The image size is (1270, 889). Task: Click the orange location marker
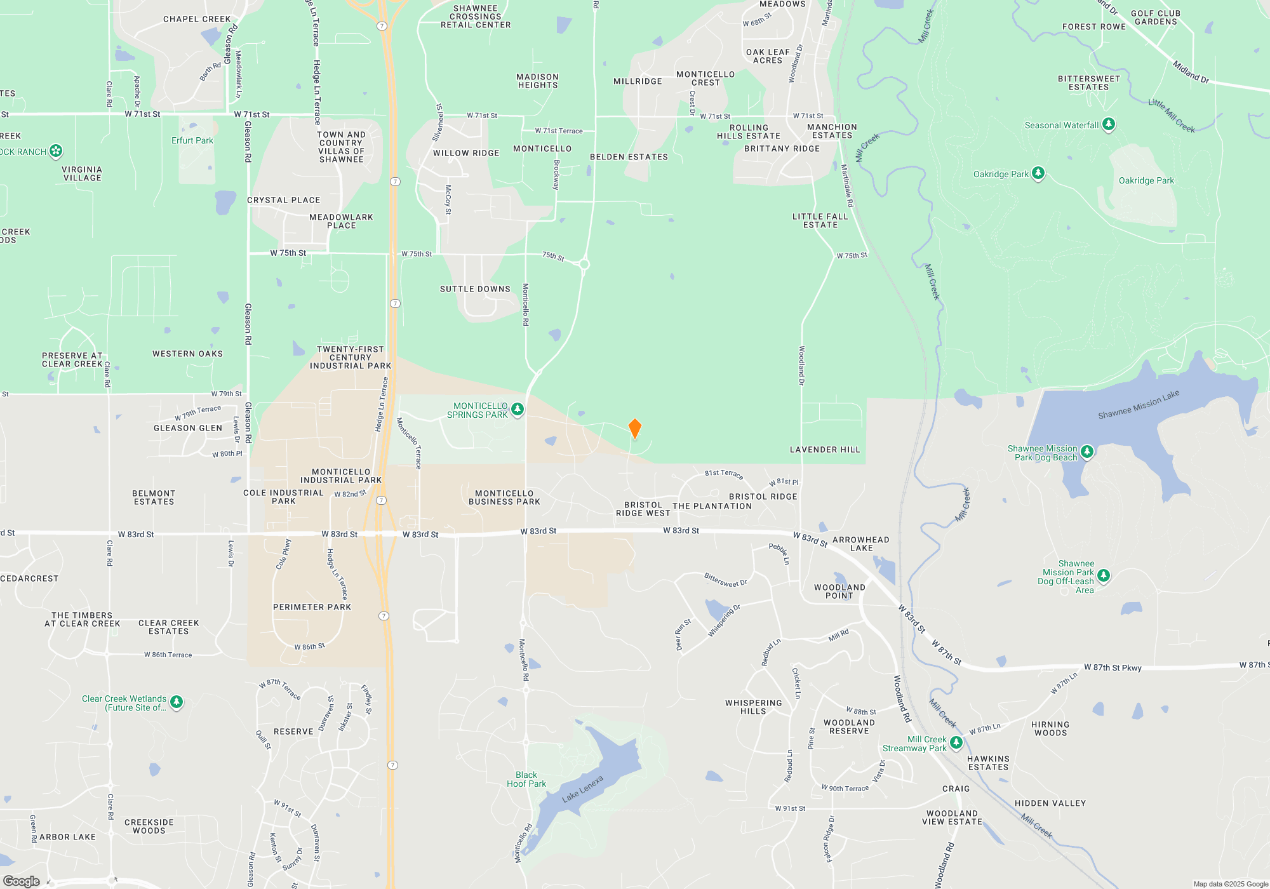[x=634, y=428]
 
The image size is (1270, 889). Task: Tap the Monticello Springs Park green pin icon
[x=518, y=410]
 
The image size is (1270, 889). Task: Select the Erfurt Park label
[x=192, y=140]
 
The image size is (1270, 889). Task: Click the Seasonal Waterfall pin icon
[x=1109, y=124]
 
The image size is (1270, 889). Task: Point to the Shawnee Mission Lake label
[x=1139, y=404]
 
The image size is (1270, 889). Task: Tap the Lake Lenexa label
[x=582, y=788]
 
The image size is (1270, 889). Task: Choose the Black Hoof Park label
[x=526, y=779]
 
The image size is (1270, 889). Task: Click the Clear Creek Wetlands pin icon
[x=177, y=702]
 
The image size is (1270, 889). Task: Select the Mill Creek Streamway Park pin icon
[x=956, y=742]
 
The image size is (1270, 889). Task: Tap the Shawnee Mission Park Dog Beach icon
[x=1087, y=451]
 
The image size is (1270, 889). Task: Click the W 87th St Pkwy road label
[x=1113, y=667]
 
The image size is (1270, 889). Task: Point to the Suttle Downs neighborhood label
[x=475, y=289]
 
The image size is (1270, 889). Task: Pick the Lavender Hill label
[x=825, y=450]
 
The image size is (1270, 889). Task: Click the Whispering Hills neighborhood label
[x=753, y=707]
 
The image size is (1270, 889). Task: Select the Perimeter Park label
[x=312, y=607]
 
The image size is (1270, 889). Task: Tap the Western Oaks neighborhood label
[x=187, y=354]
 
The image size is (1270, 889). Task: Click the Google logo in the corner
[x=22, y=881]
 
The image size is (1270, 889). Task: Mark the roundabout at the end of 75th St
[x=584, y=264]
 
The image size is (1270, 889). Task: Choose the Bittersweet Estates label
[x=1088, y=83]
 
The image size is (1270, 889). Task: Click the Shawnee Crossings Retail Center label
[x=476, y=17]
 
